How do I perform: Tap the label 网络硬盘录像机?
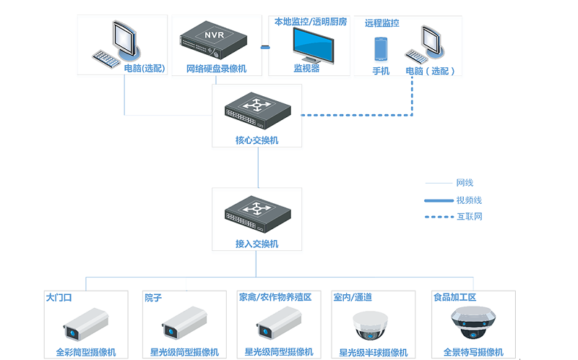click(x=217, y=69)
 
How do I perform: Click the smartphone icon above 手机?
click(x=381, y=49)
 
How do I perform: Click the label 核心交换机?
click(x=256, y=140)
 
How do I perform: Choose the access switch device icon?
click(x=256, y=213)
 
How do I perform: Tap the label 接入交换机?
click(x=256, y=244)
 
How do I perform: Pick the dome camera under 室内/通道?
click(x=373, y=325)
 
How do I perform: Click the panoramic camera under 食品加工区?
click(x=473, y=322)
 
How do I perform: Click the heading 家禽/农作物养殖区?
click(x=275, y=297)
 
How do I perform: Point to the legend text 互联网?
click(x=469, y=216)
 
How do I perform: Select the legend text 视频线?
click(x=469, y=200)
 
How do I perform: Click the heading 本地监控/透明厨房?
click(x=310, y=22)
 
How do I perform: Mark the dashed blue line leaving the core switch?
click(x=354, y=115)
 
